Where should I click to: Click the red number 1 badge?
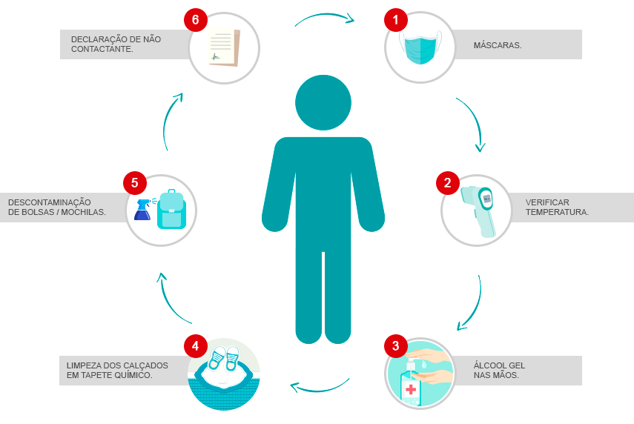click(x=396, y=20)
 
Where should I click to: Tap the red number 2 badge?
click(x=448, y=182)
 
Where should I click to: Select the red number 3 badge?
click(x=396, y=346)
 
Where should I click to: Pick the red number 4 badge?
click(x=196, y=346)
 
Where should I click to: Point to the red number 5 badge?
click(x=135, y=182)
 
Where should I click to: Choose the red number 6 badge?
click(x=196, y=20)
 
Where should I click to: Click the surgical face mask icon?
click(x=420, y=47)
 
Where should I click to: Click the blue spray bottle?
click(x=142, y=209)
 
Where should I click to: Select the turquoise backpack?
click(x=171, y=209)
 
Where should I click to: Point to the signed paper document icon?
click(x=225, y=47)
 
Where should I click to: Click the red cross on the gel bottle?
click(x=411, y=389)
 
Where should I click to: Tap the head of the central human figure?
click(x=323, y=103)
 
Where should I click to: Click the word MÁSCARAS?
click(x=498, y=45)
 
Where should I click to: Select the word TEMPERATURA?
click(x=557, y=212)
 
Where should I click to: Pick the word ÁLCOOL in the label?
click(x=488, y=365)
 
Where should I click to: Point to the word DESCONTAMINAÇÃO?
click(x=50, y=202)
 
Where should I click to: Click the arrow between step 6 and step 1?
click(x=325, y=15)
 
